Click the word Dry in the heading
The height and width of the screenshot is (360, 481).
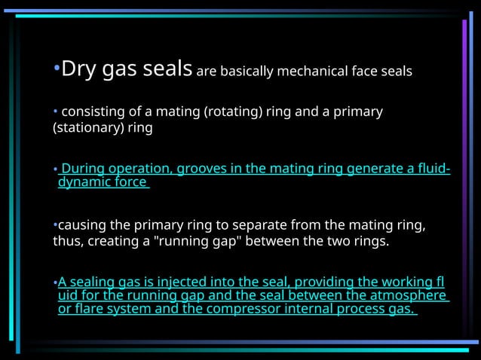[75, 70]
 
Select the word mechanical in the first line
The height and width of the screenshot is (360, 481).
[311, 72]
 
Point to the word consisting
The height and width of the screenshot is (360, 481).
[90, 112]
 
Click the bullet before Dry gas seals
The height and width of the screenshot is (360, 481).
[55, 71]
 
